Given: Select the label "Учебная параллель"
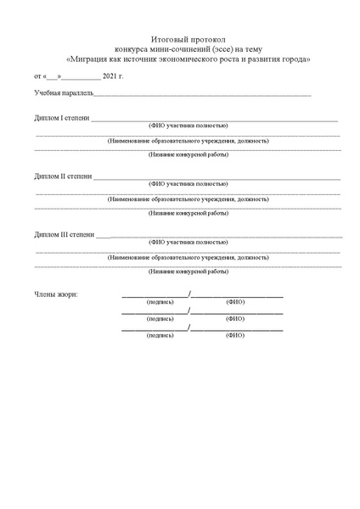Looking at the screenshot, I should coord(57,92).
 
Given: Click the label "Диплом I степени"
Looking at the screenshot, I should coord(61,116).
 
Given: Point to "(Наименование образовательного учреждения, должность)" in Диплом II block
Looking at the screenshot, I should coord(188,199).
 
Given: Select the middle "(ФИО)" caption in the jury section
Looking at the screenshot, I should coord(235,318).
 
